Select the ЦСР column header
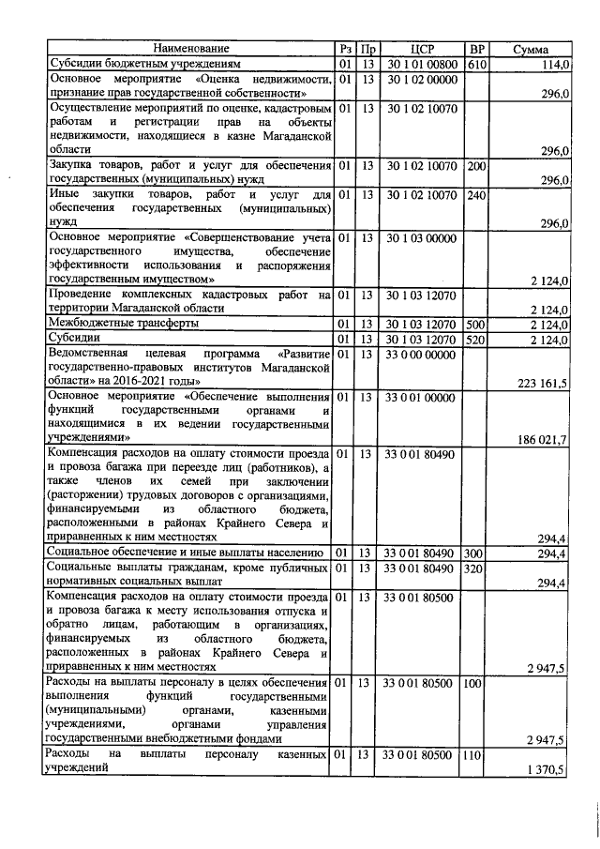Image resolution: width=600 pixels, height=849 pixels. coord(421,48)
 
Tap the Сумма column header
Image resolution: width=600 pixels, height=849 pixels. coord(531,48)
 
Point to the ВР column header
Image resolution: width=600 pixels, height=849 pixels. coord(476,48)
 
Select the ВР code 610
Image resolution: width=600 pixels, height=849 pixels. coord(475,64)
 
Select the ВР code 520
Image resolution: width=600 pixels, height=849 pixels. coord(475,339)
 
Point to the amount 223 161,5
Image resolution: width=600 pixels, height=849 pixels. coord(543,382)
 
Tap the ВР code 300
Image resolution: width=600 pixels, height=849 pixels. coord(475,553)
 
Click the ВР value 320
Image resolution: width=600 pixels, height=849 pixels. coord(475,569)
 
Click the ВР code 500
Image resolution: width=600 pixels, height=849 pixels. coord(475,324)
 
